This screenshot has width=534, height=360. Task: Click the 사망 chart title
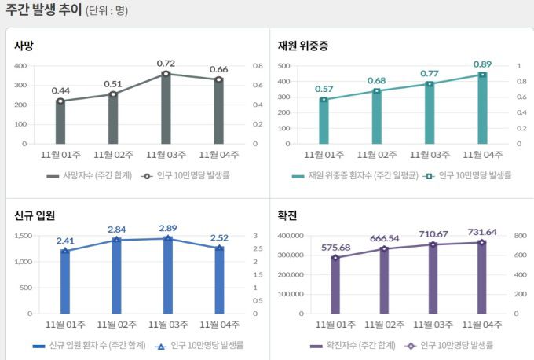coord(24,46)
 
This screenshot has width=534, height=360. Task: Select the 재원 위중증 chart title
coord(303,46)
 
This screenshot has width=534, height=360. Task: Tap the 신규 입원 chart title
coord(35,215)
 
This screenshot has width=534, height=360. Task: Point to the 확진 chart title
coord(287,215)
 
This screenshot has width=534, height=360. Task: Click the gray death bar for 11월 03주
coord(166,110)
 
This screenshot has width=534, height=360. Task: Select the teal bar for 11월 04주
coord(482,110)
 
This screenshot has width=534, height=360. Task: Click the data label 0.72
coord(166,63)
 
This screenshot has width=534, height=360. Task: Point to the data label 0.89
coord(483,64)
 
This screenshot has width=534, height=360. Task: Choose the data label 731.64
coord(481,232)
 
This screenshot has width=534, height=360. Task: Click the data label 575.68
coord(335,248)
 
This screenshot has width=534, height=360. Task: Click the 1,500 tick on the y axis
coord(23,235)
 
